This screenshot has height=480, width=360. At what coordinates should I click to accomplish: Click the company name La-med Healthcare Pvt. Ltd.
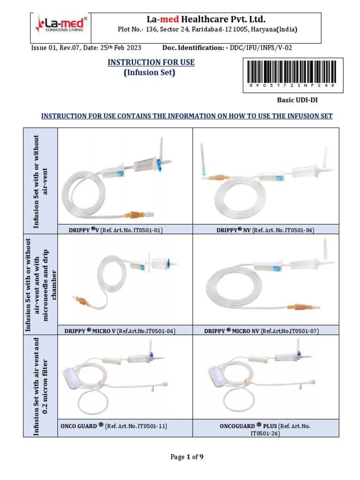coord(206,19)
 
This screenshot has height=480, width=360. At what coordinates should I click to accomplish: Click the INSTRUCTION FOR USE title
coord(151,62)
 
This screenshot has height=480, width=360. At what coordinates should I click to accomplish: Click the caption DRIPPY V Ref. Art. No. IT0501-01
coord(125,230)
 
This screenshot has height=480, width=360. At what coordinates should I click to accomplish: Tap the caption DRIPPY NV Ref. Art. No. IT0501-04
coord(265,230)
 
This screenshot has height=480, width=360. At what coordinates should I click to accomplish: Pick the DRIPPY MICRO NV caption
coord(262,331)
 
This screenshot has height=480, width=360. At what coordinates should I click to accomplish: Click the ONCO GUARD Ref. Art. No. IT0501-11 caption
coord(114,426)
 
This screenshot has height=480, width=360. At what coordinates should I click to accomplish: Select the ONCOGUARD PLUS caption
coord(265,429)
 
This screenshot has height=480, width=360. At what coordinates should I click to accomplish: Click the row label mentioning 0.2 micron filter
coord(40,386)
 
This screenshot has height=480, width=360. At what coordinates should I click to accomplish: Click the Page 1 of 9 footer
coord(180,457)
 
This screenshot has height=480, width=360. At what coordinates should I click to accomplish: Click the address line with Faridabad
coord(207,30)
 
